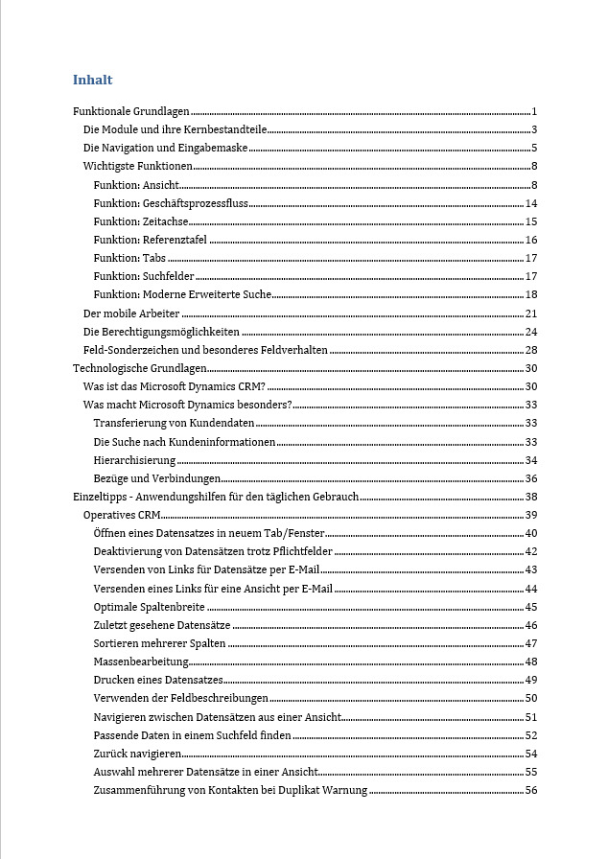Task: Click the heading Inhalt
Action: [92, 80]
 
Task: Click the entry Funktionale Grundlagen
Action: [131, 112]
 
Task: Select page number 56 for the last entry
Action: [530, 790]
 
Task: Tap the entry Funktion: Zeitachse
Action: [141, 221]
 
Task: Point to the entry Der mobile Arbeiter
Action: [131, 313]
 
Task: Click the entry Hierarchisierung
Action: [134, 460]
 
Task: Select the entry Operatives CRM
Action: [122, 515]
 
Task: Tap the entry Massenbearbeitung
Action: [141, 662]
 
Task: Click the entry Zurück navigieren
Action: [138, 754]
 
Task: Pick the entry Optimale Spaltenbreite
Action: [150, 607]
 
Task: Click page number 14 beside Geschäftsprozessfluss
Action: [530, 203]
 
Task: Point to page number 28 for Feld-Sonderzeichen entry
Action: [530, 350]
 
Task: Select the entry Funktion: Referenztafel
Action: [151, 240]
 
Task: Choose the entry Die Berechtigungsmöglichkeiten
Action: [162, 332]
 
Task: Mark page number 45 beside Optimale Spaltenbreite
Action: [530, 607]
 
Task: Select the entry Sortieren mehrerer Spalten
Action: [160, 643]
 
